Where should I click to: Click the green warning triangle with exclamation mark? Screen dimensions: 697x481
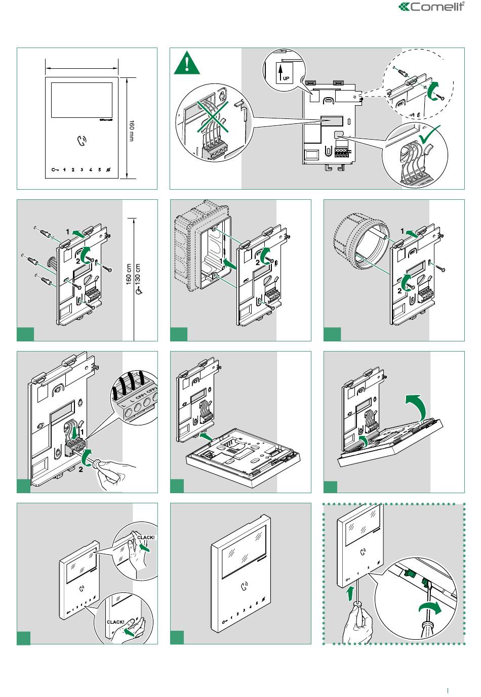pos(187,64)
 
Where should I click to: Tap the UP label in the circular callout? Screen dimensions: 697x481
pos(286,78)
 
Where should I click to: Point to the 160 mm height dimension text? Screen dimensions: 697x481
pos(132,130)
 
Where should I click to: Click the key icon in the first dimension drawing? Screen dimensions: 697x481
pos(55,169)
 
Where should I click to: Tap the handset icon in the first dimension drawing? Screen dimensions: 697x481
pos(82,141)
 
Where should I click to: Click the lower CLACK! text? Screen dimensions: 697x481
pos(115,622)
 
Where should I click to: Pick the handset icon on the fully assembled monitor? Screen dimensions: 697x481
pos(245,587)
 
